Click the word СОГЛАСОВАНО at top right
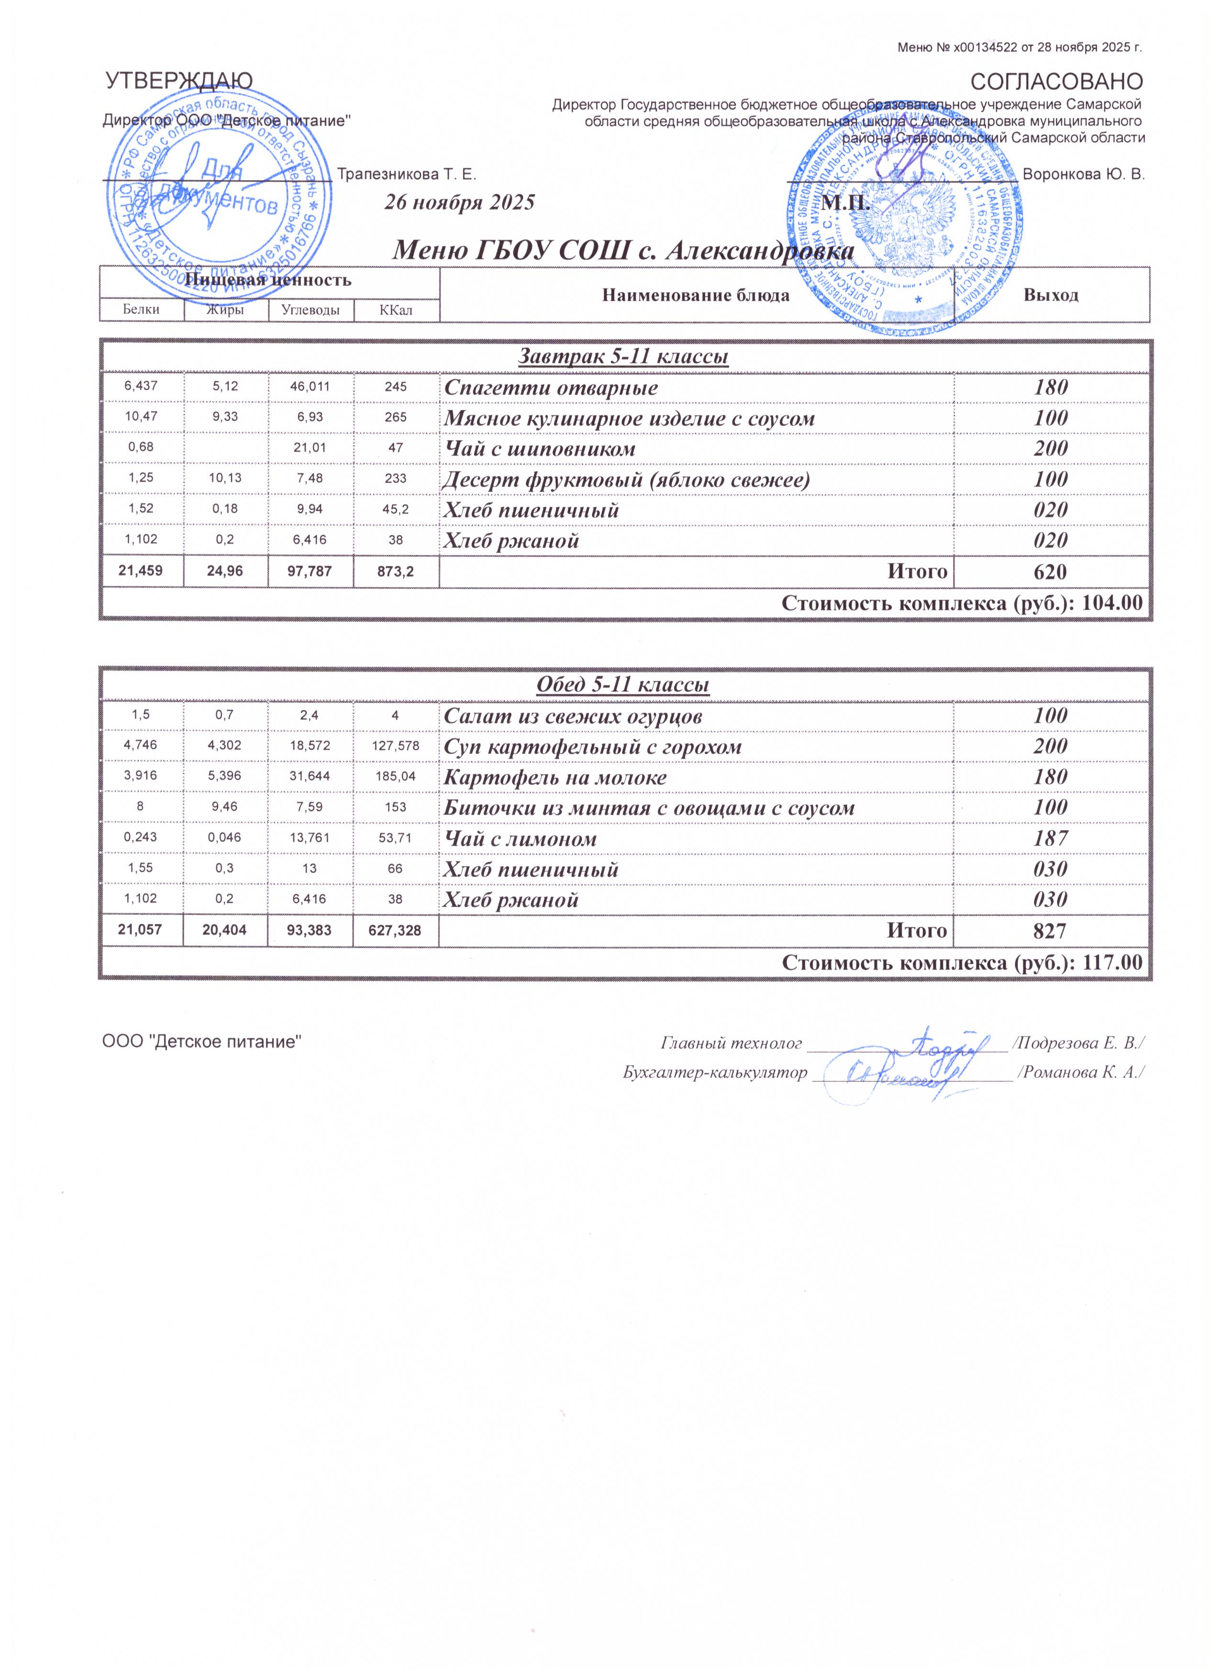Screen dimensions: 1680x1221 click(1056, 81)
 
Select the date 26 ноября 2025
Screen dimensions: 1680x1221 click(459, 202)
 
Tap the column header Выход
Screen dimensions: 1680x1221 click(1051, 295)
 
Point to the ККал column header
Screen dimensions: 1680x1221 click(396, 310)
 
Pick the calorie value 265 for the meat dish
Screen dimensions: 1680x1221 click(396, 417)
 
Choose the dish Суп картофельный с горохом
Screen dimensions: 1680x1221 click(592, 747)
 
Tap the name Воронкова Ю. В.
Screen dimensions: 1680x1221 click(1083, 175)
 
